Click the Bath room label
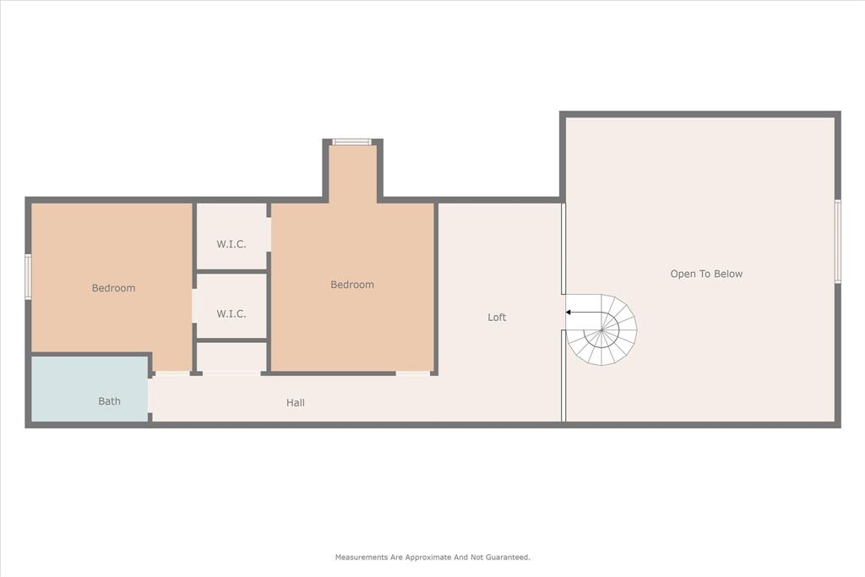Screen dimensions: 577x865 (x=109, y=401)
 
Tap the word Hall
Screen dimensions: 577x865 (x=295, y=403)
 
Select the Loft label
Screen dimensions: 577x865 (x=497, y=318)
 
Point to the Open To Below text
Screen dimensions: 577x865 (x=706, y=274)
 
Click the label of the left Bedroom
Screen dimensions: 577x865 (x=113, y=288)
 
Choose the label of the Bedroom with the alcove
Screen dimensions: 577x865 (x=351, y=285)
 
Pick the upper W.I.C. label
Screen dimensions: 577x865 (x=231, y=244)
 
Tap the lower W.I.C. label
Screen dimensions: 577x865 (x=231, y=313)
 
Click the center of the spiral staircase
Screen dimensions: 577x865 (x=601, y=329)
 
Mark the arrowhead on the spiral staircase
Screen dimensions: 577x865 (x=569, y=313)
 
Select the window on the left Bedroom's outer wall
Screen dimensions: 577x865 (x=28, y=277)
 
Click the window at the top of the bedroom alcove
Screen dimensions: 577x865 (x=351, y=142)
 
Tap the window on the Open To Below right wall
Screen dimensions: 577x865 (x=837, y=241)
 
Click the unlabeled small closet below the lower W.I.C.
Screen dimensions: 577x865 (x=231, y=357)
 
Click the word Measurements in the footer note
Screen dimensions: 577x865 (x=362, y=557)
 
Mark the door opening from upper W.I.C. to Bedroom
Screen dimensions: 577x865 (x=269, y=235)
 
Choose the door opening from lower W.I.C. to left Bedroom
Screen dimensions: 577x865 (x=194, y=306)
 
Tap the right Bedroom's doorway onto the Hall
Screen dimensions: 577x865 (x=414, y=373)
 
